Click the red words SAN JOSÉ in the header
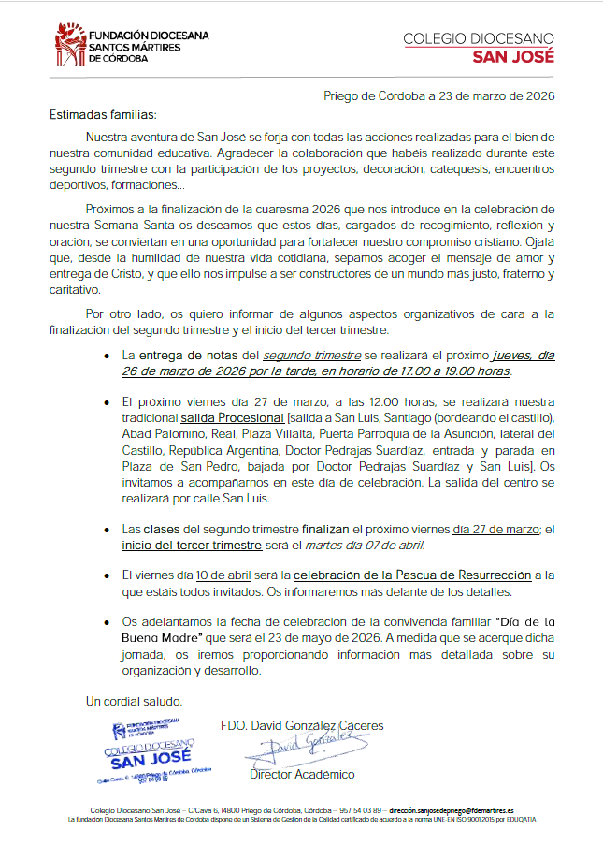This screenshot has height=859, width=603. (514, 55)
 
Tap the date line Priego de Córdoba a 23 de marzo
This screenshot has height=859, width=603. (439, 95)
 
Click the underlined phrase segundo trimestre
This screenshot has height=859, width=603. (311, 356)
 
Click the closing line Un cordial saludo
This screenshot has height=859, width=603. (135, 700)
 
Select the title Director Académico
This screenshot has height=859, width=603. (302, 774)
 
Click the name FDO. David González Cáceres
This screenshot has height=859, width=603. (302, 725)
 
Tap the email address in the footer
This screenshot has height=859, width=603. (452, 810)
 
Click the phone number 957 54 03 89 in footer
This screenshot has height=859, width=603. (360, 810)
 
